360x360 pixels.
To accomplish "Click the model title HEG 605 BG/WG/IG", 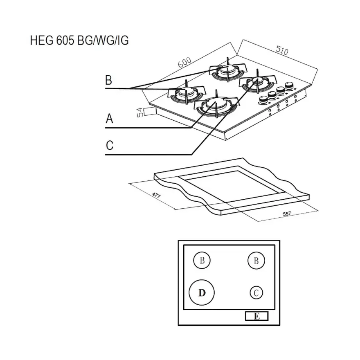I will (x=80, y=40).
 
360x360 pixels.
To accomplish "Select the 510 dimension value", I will (x=282, y=51).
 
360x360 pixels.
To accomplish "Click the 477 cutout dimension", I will (x=156, y=195).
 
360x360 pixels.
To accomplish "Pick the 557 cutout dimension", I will (x=287, y=213).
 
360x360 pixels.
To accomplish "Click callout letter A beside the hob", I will (x=109, y=119).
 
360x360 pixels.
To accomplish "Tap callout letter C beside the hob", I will (x=109, y=145).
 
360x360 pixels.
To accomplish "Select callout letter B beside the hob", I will (x=109, y=80).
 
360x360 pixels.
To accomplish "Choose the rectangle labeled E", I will (x=257, y=316).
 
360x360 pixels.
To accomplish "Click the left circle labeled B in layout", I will (x=202, y=261).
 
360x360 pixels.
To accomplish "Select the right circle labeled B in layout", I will (x=256, y=261).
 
